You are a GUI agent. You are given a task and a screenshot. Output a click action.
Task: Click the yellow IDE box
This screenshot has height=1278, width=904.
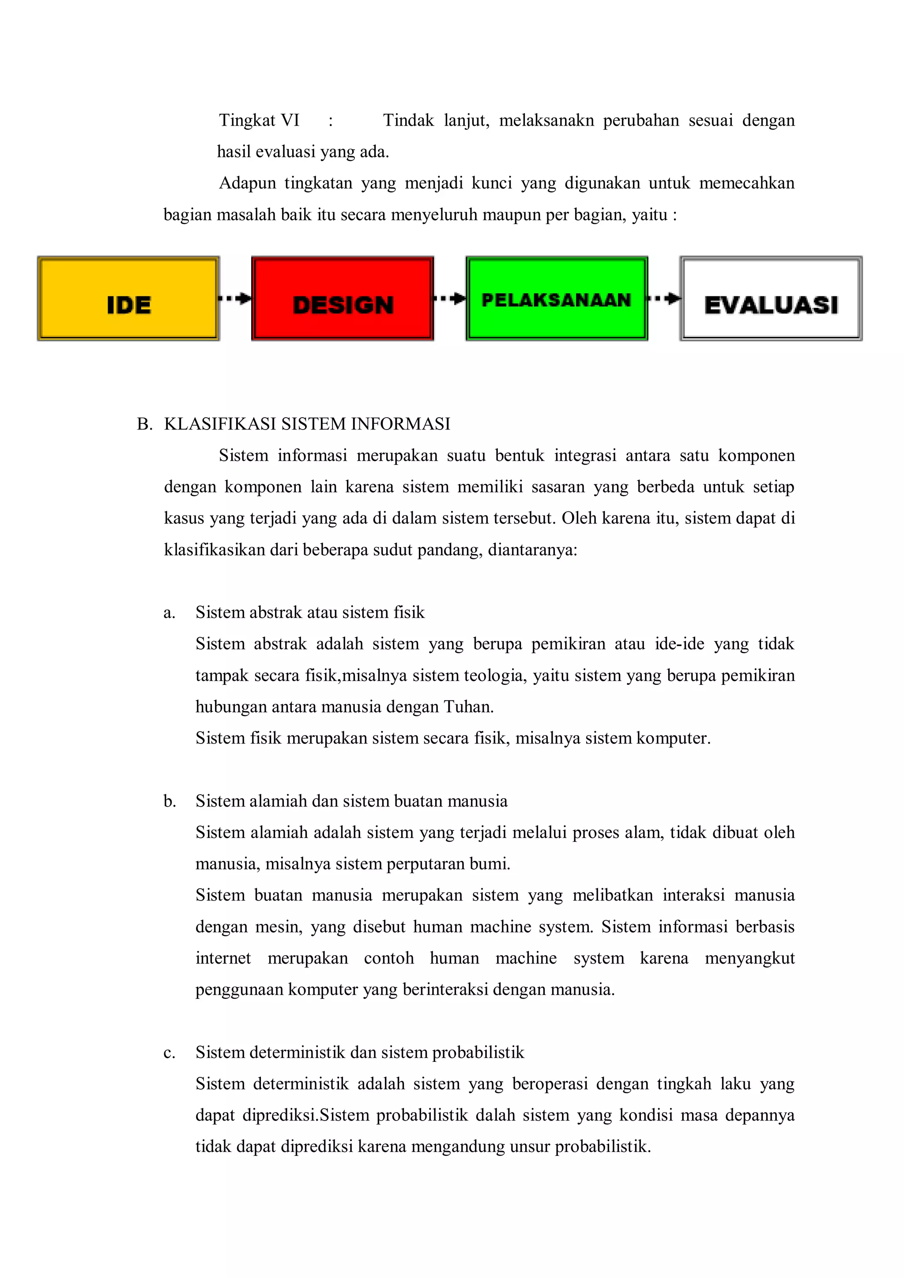click(x=128, y=299)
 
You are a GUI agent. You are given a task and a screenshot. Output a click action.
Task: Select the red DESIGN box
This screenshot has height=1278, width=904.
click(x=343, y=299)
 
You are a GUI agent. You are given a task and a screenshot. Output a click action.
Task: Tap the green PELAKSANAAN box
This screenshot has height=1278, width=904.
click(x=557, y=299)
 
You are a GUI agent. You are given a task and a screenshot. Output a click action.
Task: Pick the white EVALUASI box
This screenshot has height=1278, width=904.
click(x=771, y=299)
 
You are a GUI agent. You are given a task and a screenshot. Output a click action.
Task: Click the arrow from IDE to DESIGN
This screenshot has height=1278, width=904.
click(x=236, y=299)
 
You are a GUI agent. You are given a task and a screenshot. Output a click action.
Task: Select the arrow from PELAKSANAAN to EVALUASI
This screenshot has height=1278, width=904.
click(x=664, y=299)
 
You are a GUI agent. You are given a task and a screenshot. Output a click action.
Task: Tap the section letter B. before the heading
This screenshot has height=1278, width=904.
click(x=144, y=424)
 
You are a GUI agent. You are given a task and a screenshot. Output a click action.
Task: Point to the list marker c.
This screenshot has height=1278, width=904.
click(x=169, y=1053)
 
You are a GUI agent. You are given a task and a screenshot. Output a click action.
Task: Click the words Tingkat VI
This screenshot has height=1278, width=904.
click(x=259, y=120)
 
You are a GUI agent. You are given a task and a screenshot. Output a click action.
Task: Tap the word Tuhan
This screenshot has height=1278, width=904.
click(x=468, y=707)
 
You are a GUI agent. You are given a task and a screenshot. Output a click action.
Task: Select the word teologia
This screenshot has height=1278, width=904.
click(x=496, y=676)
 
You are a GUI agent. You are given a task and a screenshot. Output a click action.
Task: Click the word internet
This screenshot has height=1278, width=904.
click(x=223, y=959)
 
